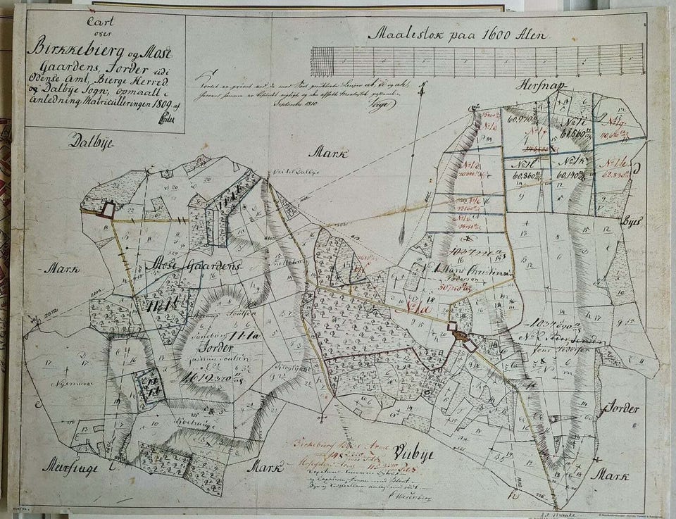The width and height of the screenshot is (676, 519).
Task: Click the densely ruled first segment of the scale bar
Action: (322, 61)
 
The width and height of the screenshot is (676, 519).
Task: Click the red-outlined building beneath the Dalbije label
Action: (108, 208)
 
